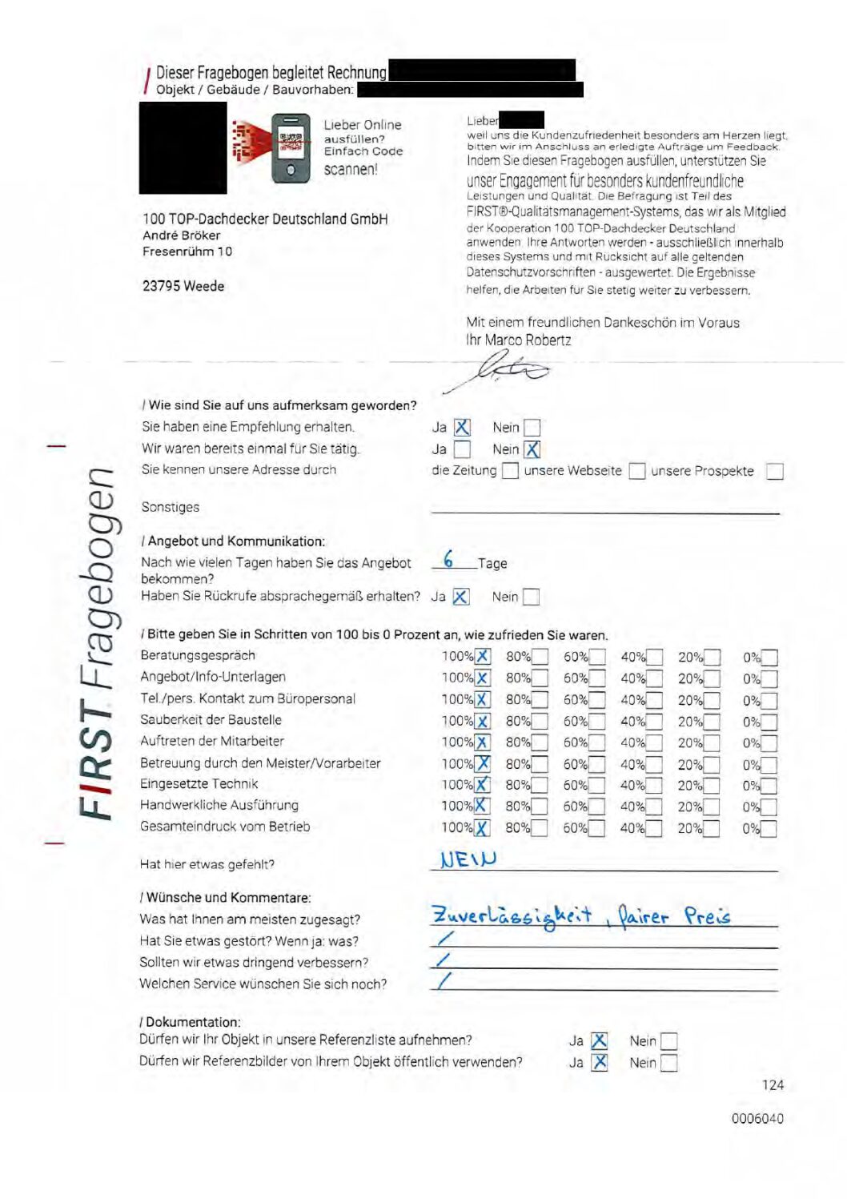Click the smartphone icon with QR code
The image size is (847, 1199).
click(x=291, y=149)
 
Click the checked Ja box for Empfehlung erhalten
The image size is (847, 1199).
click(x=462, y=428)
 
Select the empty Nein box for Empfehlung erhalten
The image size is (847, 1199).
click(x=532, y=428)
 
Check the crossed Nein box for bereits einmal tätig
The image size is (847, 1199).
click(x=532, y=449)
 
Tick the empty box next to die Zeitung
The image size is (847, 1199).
click(x=510, y=471)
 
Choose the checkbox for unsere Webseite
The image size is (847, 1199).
click(x=637, y=471)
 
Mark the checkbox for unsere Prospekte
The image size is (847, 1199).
click(x=774, y=471)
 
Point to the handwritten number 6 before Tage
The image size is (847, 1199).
click(x=448, y=559)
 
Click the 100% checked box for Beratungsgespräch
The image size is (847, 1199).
click(x=483, y=657)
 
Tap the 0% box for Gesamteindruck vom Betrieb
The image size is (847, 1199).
click(x=769, y=828)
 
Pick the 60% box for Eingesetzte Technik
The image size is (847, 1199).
click(x=597, y=786)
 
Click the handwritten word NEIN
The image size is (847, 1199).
click(x=468, y=859)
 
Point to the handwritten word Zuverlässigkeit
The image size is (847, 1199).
click(x=512, y=915)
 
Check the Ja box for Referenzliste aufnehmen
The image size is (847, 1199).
click(x=599, y=1041)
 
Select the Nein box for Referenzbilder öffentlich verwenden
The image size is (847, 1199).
click(x=668, y=1063)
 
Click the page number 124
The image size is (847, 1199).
click(x=773, y=1085)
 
